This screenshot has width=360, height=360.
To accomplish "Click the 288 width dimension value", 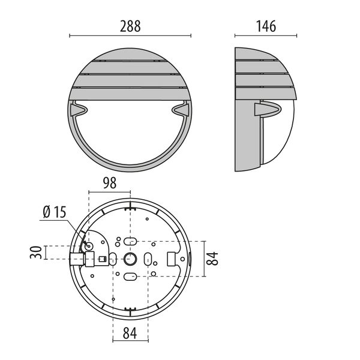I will tap(130, 26).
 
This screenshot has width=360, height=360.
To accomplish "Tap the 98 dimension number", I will tap(109, 183).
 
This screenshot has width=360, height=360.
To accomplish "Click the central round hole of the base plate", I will tap(130, 259).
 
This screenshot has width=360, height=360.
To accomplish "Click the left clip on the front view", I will tap(79, 110).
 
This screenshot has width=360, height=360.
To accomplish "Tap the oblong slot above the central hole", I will tap(130, 241).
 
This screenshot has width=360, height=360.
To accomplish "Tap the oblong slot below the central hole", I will tap(130, 277).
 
